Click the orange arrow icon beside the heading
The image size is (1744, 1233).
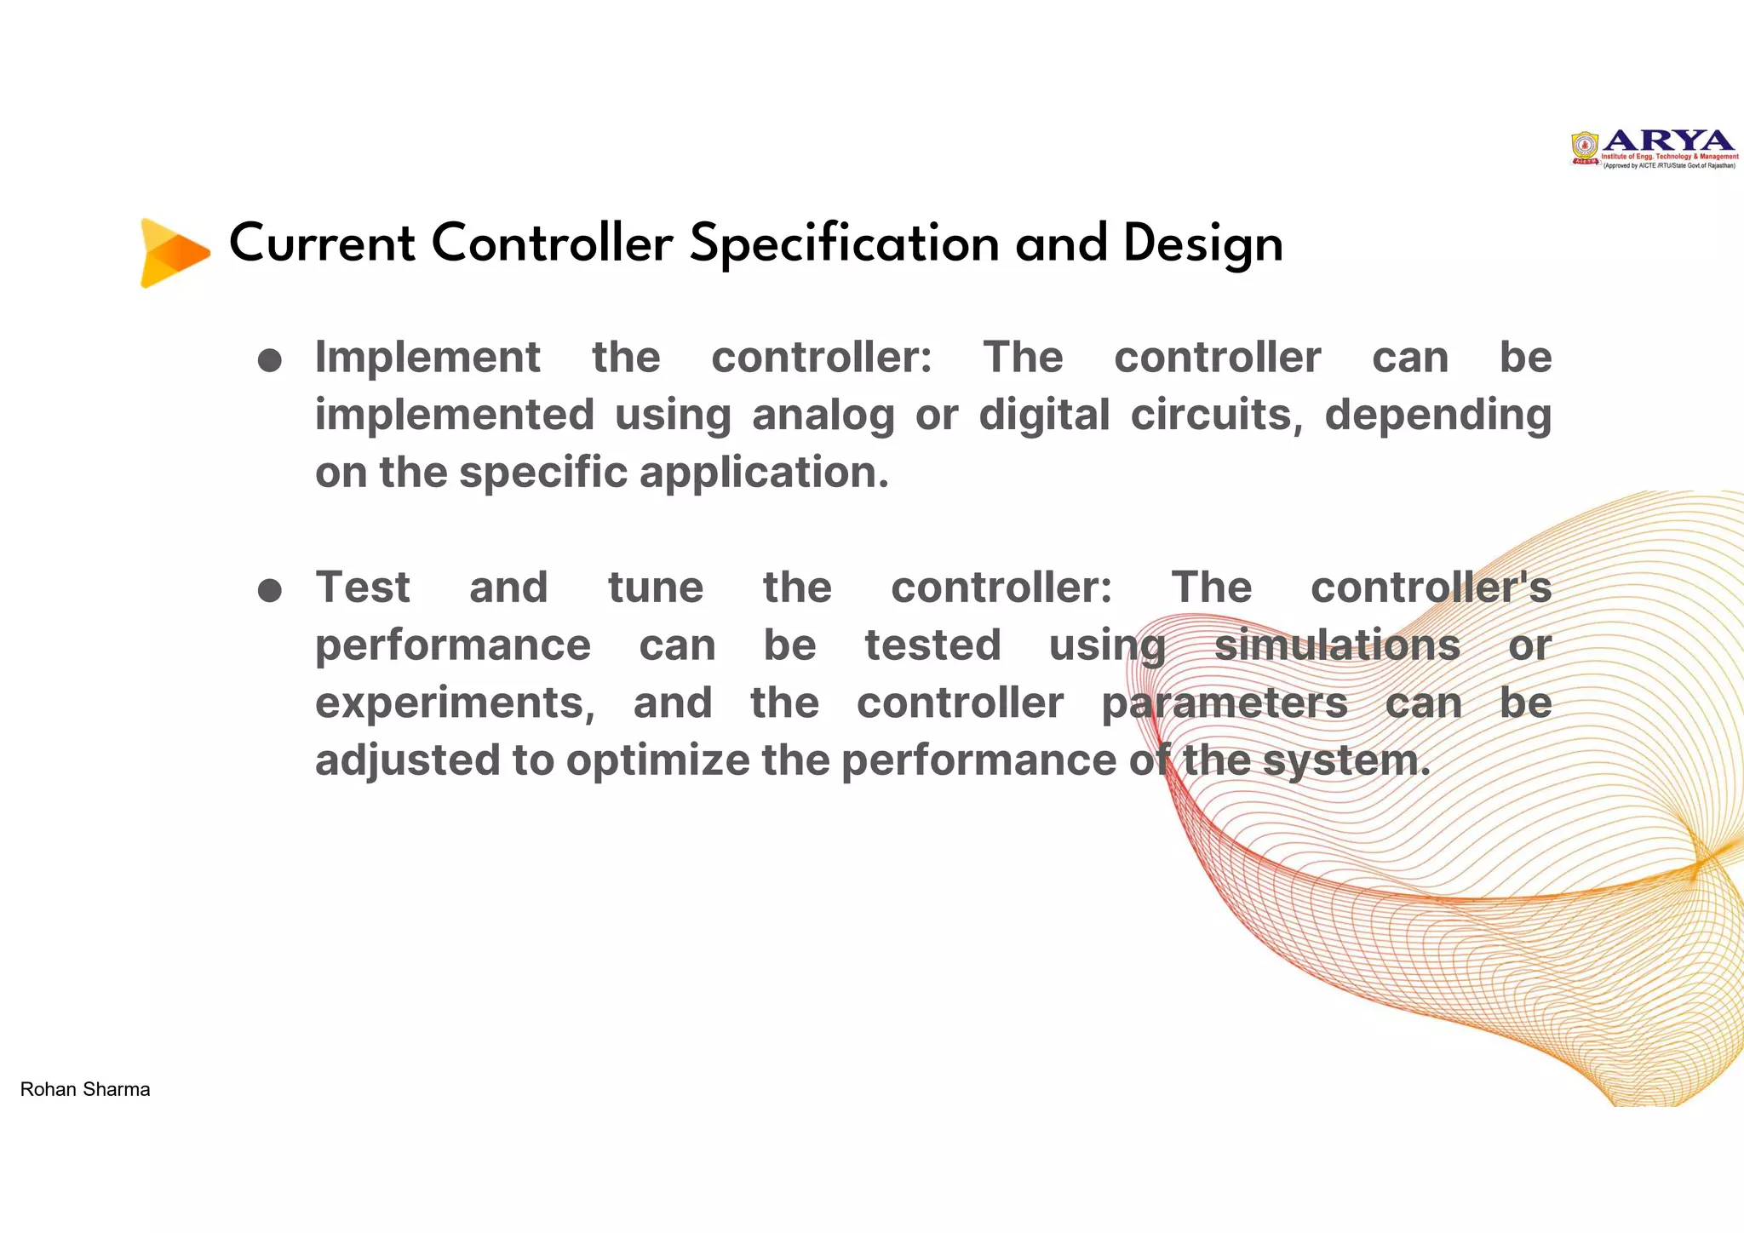pyautogui.click(x=175, y=253)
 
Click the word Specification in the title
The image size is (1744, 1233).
pyautogui.click(x=844, y=244)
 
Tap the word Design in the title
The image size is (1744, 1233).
pyautogui.click(x=1202, y=244)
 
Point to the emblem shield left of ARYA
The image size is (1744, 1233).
pyautogui.click(x=1585, y=147)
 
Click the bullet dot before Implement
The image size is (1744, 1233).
pyautogui.click(x=270, y=360)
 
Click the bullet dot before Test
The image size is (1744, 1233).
pyautogui.click(x=270, y=590)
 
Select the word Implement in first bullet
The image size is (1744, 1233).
pyautogui.click(x=427, y=358)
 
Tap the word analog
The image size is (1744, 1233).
pyautogui.click(x=823, y=416)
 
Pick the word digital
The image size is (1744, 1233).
pyautogui.click(x=1044, y=416)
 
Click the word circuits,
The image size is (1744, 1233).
pyautogui.click(x=1216, y=415)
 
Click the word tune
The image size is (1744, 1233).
pyautogui.click(x=656, y=588)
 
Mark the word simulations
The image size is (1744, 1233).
pyautogui.click(x=1337, y=645)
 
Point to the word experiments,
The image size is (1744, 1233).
pyautogui.click(x=455, y=703)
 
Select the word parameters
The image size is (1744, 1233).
pyautogui.click(x=1224, y=704)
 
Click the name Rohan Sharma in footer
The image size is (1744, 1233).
pyautogui.click(x=85, y=1089)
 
